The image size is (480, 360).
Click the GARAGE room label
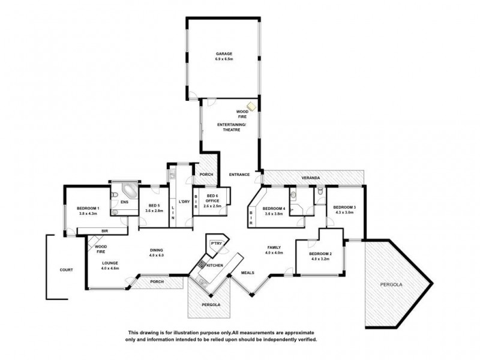pyautogui.click(x=224, y=53)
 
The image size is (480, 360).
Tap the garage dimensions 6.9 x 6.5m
pyautogui.click(x=224, y=59)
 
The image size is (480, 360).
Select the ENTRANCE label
pyautogui.click(x=239, y=175)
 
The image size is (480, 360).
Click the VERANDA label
pyautogui.click(x=310, y=179)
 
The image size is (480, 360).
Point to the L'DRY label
pyautogui.click(x=184, y=202)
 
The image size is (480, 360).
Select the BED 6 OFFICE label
pyautogui.click(x=212, y=199)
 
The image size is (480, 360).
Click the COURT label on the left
pyautogui.click(x=66, y=270)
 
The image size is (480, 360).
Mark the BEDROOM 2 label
pyautogui.click(x=320, y=254)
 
